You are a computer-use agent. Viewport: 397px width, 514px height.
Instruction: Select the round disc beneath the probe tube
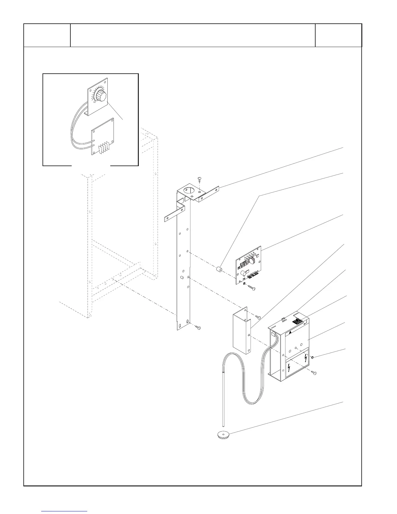tap(223, 435)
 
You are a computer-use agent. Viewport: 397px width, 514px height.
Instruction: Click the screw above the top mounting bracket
tap(200, 179)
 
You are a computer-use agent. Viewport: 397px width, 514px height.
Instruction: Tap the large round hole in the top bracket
tap(188, 190)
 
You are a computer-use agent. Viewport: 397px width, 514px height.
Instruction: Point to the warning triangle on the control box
tap(291, 333)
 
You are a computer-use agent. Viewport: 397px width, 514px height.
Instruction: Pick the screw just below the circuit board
tap(252, 288)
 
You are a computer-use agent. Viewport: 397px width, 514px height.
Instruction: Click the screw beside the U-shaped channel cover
tap(259, 317)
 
